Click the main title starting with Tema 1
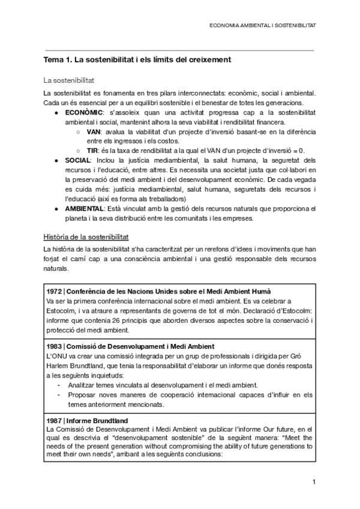[x=137, y=60]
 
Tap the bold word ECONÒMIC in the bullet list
[x=84, y=113]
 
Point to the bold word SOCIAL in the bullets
[x=77, y=160]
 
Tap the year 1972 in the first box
[x=55, y=291]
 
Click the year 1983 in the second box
[x=55, y=346]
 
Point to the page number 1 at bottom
[x=313, y=483]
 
